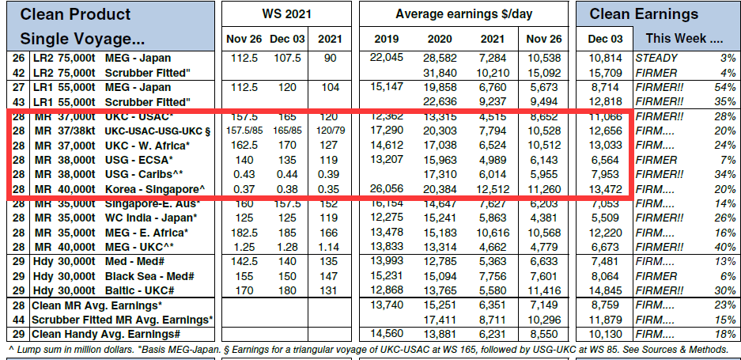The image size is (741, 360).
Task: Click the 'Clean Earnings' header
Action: (x=655, y=13)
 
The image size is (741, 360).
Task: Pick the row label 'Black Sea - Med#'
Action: (x=150, y=276)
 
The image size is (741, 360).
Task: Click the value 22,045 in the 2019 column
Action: (x=385, y=58)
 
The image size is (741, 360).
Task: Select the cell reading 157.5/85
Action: (x=239, y=131)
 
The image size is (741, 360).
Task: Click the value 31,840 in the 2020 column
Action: (x=440, y=72)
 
